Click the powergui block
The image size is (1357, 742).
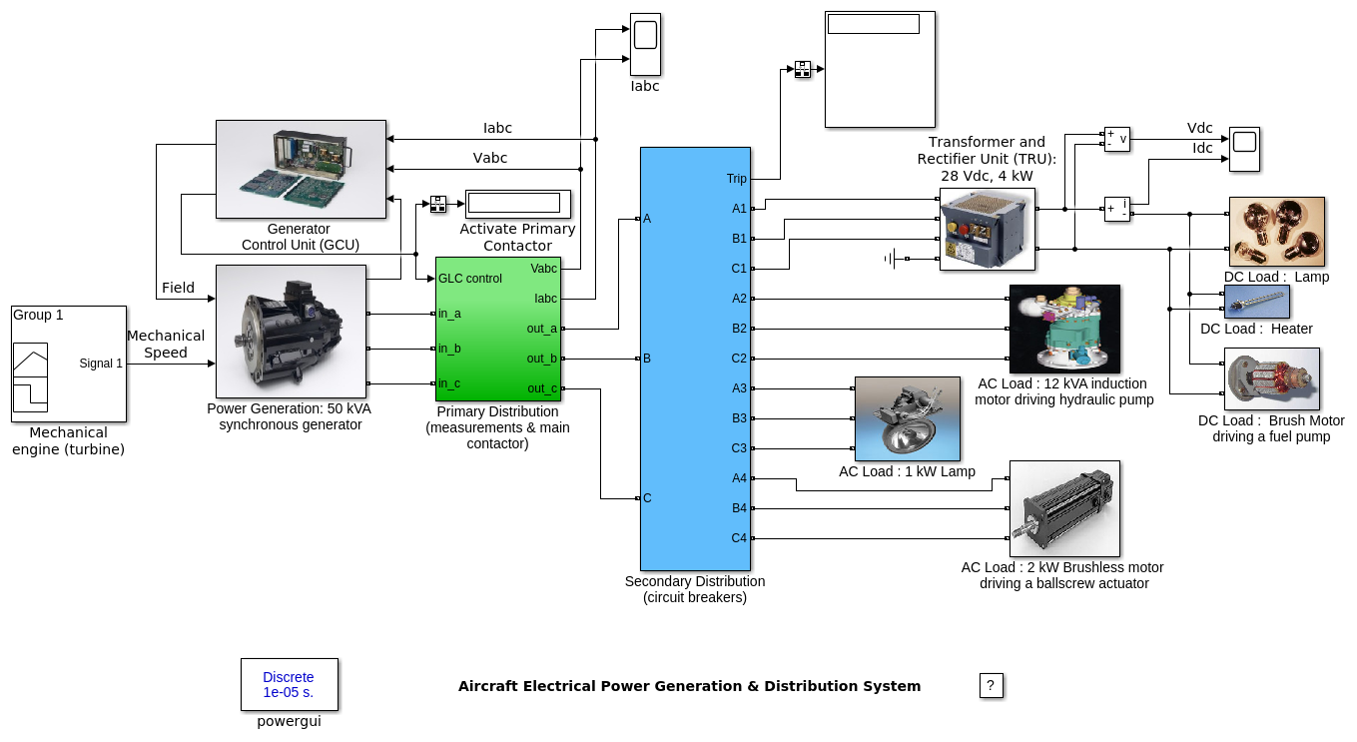[x=289, y=684]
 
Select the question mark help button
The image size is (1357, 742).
[x=990, y=685]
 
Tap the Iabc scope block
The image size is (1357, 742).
[x=645, y=44]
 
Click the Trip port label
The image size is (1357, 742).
[x=736, y=179]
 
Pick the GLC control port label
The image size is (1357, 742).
[x=470, y=279]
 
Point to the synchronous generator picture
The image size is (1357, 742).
[x=291, y=331]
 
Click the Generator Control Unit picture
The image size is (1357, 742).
[x=301, y=169]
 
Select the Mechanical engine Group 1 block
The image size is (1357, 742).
[x=68, y=364]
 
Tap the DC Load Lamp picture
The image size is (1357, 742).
[x=1276, y=232]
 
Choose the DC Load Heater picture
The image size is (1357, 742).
[x=1256, y=302]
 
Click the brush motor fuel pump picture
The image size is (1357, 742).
[x=1271, y=378]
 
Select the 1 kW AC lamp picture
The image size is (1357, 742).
[x=908, y=418]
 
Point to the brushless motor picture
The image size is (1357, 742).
[x=1064, y=508]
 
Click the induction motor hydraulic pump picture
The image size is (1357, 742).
[x=1064, y=329]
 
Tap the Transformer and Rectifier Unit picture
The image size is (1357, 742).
[x=987, y=229]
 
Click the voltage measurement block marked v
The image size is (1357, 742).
[x=1116, y=139]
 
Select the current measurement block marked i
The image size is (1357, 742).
[x=1116, y=209]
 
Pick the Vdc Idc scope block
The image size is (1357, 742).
[x=1244, y=148]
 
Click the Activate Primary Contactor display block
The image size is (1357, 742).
[x=517, y=204]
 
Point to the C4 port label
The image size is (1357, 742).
[x=739, y=538]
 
